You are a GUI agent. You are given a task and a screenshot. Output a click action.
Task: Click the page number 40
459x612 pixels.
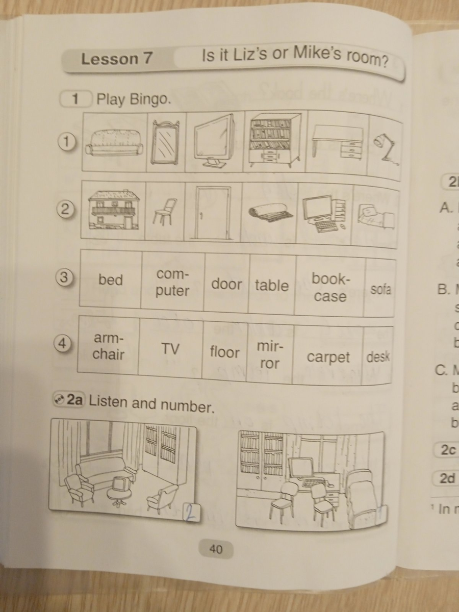click(x=216, y=549)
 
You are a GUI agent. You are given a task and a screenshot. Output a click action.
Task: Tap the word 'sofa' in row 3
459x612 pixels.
click(x=380, y=290)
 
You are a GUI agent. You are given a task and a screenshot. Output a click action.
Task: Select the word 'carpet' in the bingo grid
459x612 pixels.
click(x=328, y=358)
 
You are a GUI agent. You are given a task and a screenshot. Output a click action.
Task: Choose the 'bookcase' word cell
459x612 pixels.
click(x=330, y=288)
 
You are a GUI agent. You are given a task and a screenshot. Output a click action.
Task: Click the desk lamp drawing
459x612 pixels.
click(x=386, y=148)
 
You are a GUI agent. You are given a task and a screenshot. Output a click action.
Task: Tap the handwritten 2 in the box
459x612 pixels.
click(x=189, y=512)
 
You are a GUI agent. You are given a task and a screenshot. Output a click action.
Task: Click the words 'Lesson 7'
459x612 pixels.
click(x=117, y=59)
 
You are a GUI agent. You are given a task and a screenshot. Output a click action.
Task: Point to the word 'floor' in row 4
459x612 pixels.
click(x=224, y=352)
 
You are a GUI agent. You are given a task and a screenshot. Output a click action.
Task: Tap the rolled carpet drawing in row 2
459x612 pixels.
click(x=271, y=213)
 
